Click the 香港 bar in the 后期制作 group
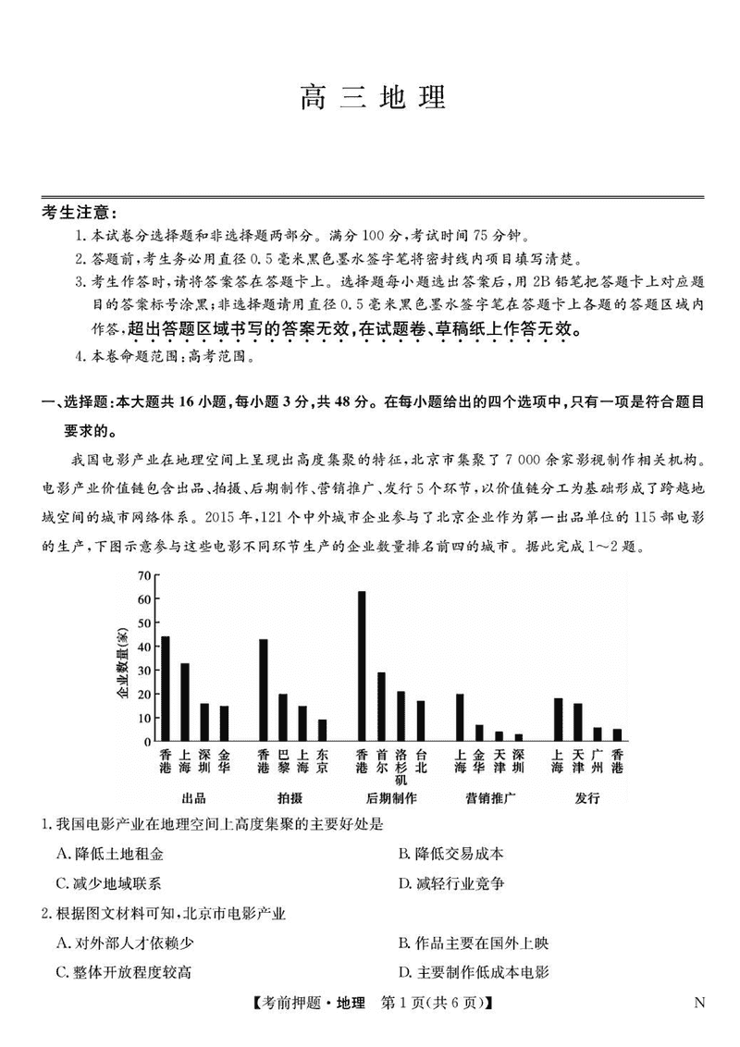pos(362,666)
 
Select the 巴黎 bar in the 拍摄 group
pos(283,717)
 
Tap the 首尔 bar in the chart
pos(381,707)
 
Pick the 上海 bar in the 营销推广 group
pos(460,717)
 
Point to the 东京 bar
pos(321,730)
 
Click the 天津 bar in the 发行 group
pos(578,721)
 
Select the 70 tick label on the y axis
pos(143,575)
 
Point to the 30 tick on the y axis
pos(143,670)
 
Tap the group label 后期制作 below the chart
pos(391,797)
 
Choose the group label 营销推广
pos(490,797)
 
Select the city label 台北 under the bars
pos(421,761)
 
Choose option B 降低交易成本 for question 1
pos(450,854)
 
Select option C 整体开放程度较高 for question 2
pos(124,971)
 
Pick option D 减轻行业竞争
pos(450,883)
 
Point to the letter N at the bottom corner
pos(698,1003)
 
